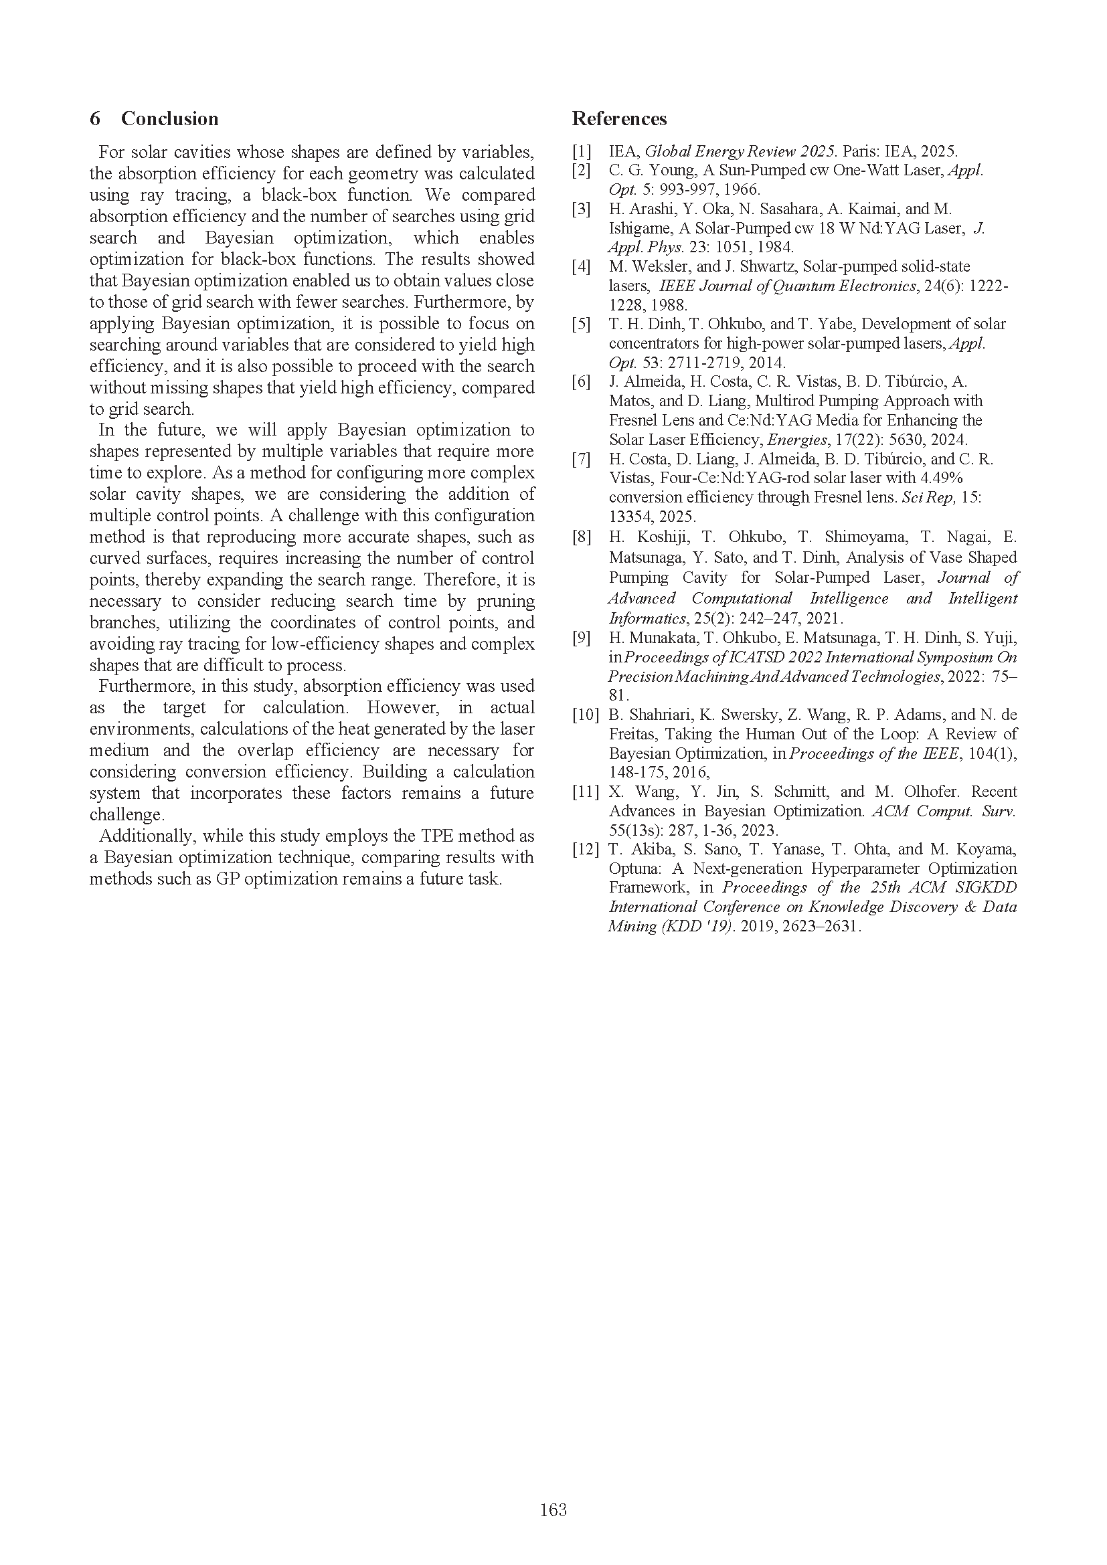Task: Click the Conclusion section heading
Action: (169, 118)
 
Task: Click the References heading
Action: (619, 118)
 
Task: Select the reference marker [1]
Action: (582, 151)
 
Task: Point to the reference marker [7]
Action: (582, 459)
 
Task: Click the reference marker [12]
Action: (586, 849)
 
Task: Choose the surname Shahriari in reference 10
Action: (654, 715)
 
